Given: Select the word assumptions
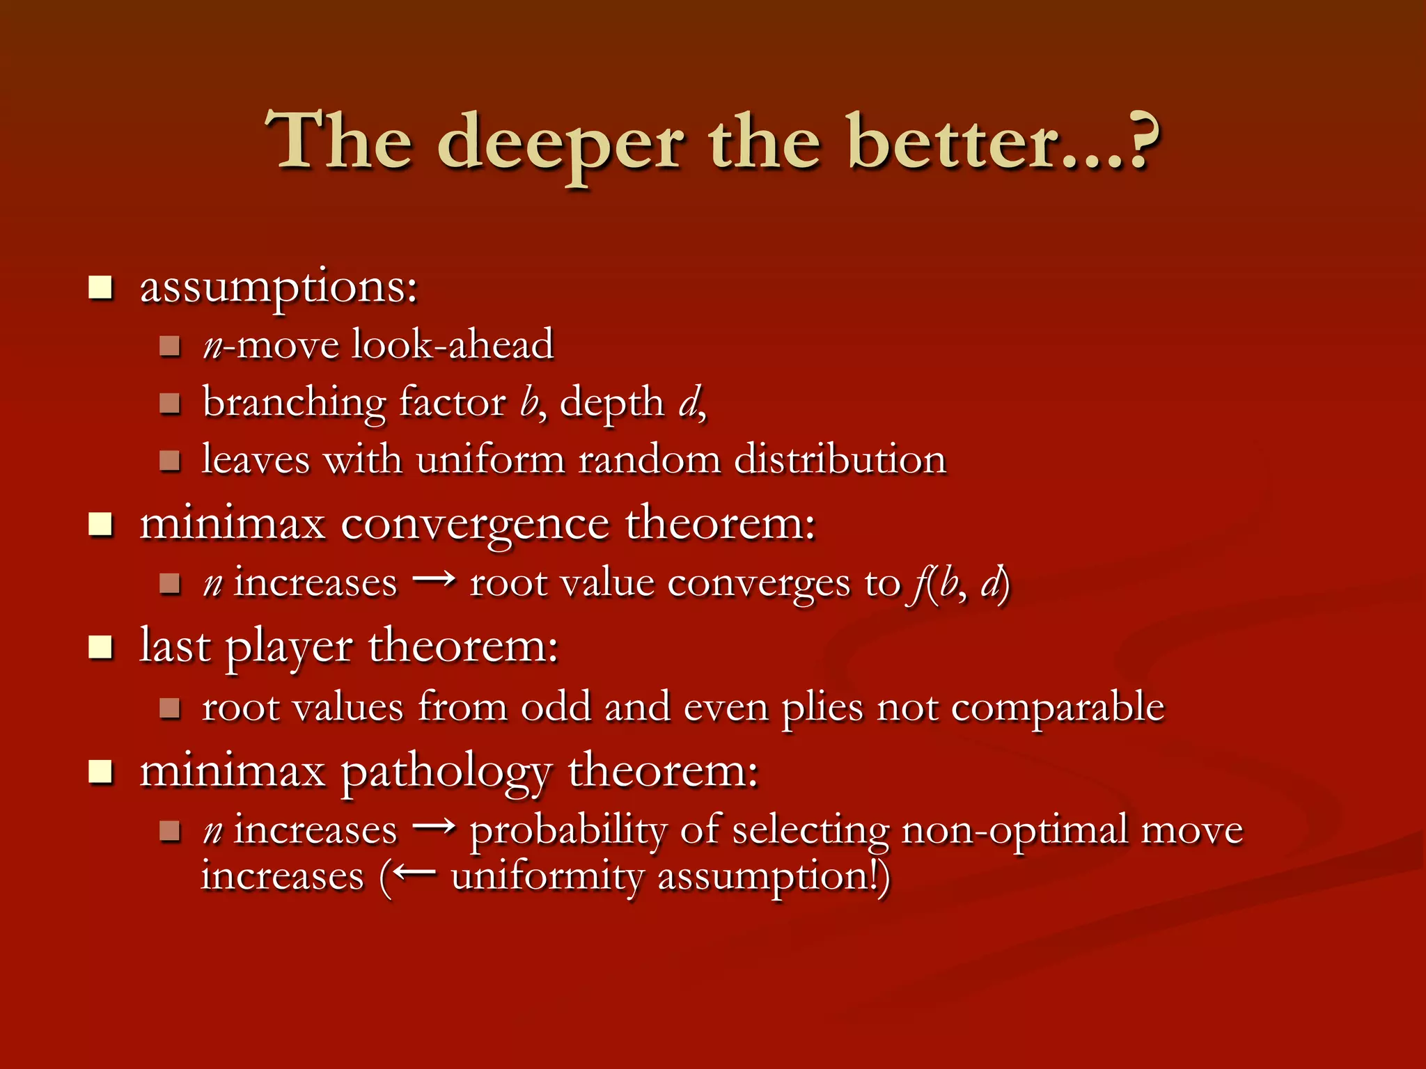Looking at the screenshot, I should (x=279, y=287).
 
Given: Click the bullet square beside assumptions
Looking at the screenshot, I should (x=101, y=287).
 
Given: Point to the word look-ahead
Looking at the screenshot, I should (x=453, y=345).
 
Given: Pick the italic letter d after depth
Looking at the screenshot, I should (x=689, y=402).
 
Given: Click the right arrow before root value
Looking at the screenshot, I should (x=434, y=579).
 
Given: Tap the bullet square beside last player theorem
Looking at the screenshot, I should (x=101, y=647).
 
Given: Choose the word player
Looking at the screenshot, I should (x=289, y=647).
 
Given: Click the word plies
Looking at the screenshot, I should (x=822, y=708).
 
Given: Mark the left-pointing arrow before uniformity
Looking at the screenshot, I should (x=415, y=873).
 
